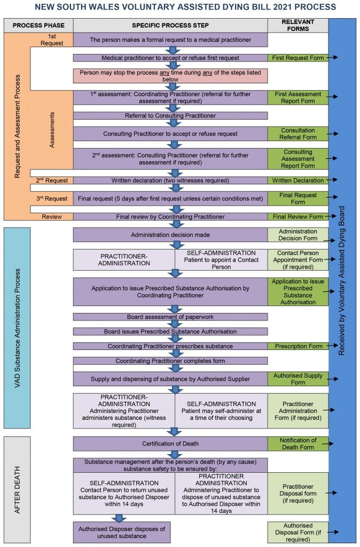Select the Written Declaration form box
click(x=297, y=181)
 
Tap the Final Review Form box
click(x=297, y=217)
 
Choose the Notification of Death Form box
click(x=297, y=444)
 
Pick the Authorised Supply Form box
click(x=297, y=379)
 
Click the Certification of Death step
click(x=170, y=444)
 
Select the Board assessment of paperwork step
click(x=170, y=317)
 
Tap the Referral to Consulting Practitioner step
click(x=170, y=115)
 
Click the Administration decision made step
click(x=170, y=235)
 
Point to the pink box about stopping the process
click(x=170, y=76)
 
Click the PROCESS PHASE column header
click(x=38, y=25)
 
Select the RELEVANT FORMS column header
click(x=297, y=25)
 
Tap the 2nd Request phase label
click(x=51, y=181)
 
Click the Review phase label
click(x=51, y=217)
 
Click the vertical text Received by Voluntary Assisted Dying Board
click(x=342, y=280)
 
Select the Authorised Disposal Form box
click(x=297, y=532)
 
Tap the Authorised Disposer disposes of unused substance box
click(x=122, y=532)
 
